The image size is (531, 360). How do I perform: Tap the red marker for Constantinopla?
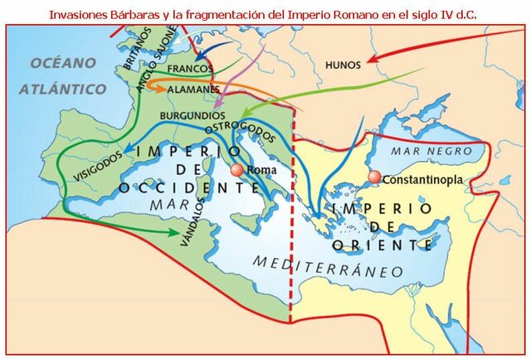tap(375, 177)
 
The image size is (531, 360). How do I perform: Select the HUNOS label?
tap(343, 65)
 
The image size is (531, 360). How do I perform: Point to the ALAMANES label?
tap(192, 88)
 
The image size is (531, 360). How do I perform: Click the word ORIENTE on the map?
tap(381, 245)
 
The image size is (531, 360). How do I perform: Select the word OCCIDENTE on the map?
tap(189, 188)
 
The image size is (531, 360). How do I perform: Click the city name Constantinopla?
tap(422, 178)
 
